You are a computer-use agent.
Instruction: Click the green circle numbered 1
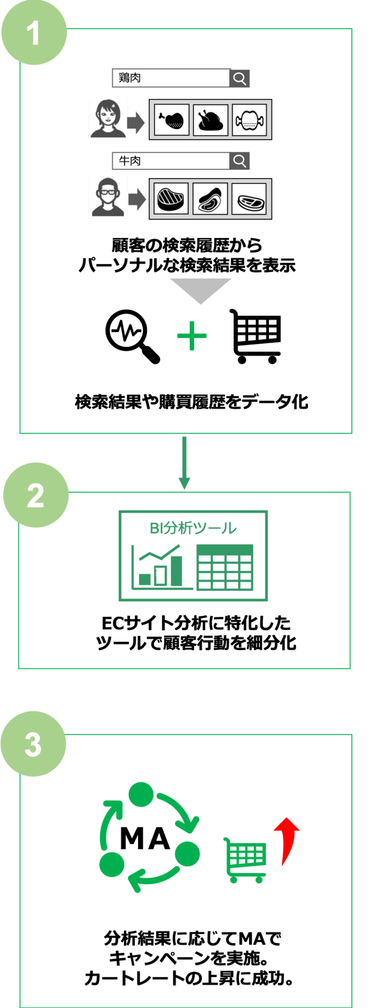pyautogui.click(x=34, y=33)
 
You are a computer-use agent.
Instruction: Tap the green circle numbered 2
pyautogui.click(x=35, y=495)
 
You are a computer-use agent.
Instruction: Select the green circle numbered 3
pyautogui.click(x=33, y=744)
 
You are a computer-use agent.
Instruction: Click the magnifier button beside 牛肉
pyautogui.click(x=239, y=161)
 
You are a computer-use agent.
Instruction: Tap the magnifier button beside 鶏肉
pyautogui.click(x=239, y=78)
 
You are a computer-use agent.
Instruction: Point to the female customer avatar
pyautogui.click(x=108, y=118)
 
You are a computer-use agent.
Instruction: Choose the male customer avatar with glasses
pyautogui.click(x=108, y=197)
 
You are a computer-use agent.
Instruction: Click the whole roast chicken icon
pyautogui.click(x=210, y=119)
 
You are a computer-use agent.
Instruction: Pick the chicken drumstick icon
pyautogui.click(x=171, y=119)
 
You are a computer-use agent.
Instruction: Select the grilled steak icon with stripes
pyautogui.click(x=171, y=198)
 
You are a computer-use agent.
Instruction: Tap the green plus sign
pyautogui.click(x=192, y=336)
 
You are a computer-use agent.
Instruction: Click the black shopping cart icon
pyautogui.click(x=256, y=336)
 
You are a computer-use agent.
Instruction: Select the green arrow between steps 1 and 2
pyautogui.click(x=184, y=463)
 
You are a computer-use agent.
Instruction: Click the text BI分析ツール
pyautogui.click(x=193, y=528)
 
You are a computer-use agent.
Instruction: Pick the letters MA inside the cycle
pyautogui.click(x=145, y=839)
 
